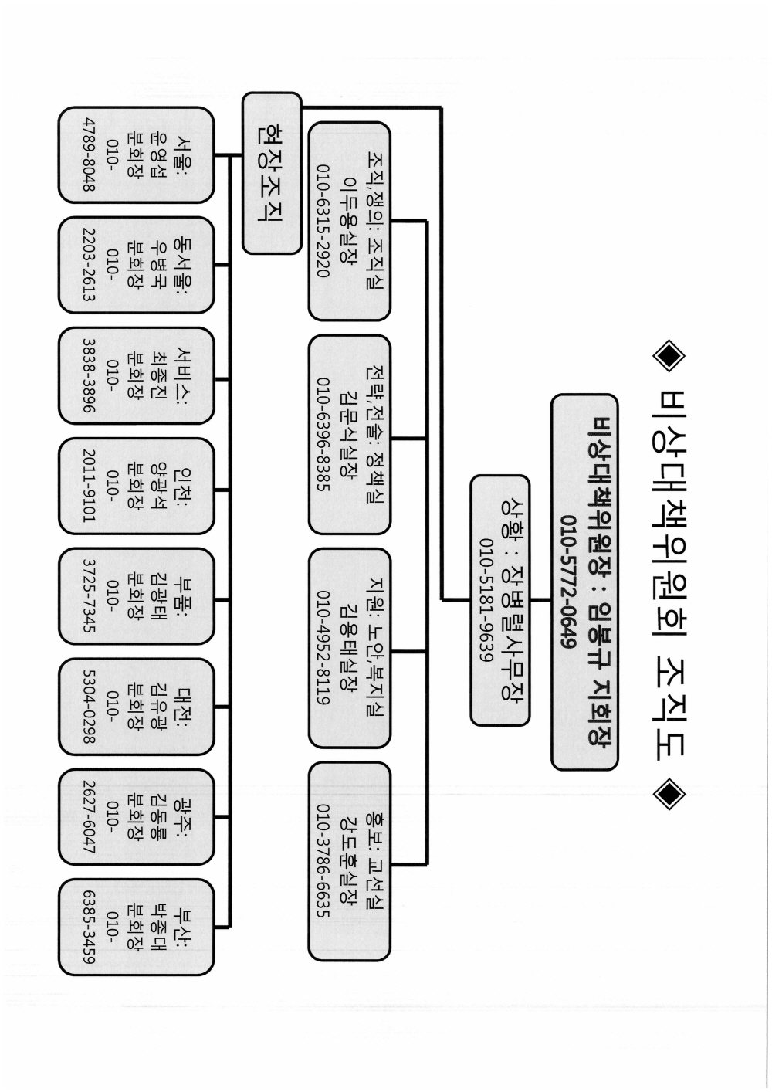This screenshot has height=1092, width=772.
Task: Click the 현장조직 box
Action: pyautogui.click(x=272, y=173)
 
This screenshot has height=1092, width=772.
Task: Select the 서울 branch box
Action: pyautogui.click(x=136, y=155)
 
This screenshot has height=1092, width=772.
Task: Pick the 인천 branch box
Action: pyautogui.click(x=136, y=486)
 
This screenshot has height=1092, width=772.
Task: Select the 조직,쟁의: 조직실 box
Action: pyautogui.click(x=350, y=221)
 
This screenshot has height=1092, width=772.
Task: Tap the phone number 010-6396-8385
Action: pyautogui.click(x=323, y=434)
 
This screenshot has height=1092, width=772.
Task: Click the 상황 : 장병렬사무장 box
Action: pyautogui.click(x=500, y=600)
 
